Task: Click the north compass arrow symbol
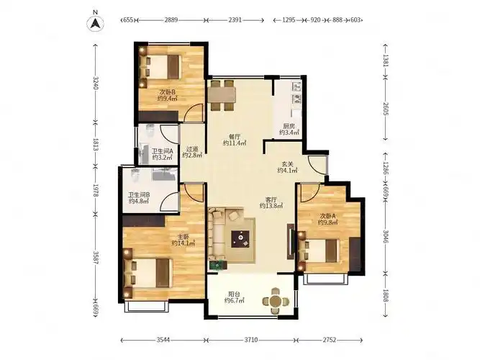click(96, 23)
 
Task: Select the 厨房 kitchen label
click(289, 126)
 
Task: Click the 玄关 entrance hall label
click(287, 164)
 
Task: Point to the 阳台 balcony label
click(234, 294)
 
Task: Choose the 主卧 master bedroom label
click(184, 237)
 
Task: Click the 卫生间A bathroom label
click(163, 151)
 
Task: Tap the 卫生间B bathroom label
click(139, 194)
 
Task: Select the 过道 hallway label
click(192, 149)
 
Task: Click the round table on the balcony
click(276, 301)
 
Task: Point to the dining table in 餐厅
click(222, 95)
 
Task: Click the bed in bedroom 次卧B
click(160, 66)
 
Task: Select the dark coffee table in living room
click(240, 239)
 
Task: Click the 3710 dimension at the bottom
click(250, 340)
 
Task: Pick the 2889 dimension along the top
click(171, 20)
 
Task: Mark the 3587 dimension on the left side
click(96, 258)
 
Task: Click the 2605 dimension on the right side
click(386, 109)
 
